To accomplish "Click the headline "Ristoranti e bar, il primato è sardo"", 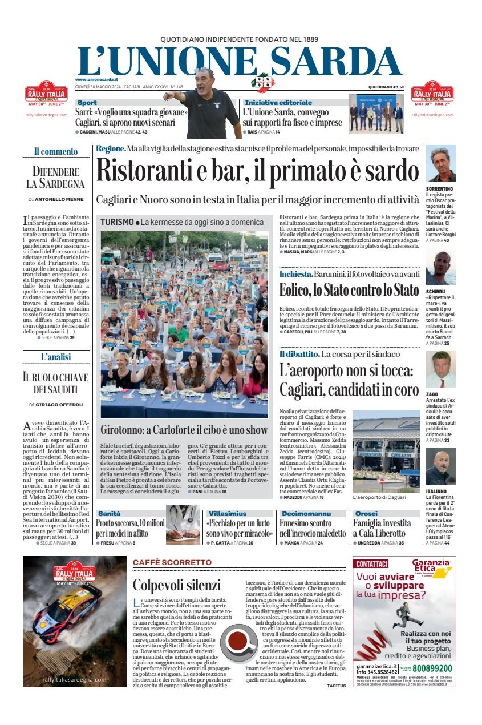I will pos(257,170).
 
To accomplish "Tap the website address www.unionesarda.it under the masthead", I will pos(96,79).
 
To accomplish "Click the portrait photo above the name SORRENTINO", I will pos(441,164).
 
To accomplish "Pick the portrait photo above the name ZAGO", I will pos(441,369).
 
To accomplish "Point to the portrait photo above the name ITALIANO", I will pos(441,467).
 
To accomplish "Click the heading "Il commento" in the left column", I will pos(55,151).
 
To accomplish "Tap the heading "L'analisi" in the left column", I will pos(55,357).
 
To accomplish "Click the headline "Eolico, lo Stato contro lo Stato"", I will pos(349,290).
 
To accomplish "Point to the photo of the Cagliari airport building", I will pos(386,451).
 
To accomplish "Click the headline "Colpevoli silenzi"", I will pos(176,585).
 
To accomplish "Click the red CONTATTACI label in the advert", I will pos(372,563).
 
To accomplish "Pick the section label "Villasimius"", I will pos(228,514).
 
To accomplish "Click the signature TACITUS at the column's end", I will pos(337,686).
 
